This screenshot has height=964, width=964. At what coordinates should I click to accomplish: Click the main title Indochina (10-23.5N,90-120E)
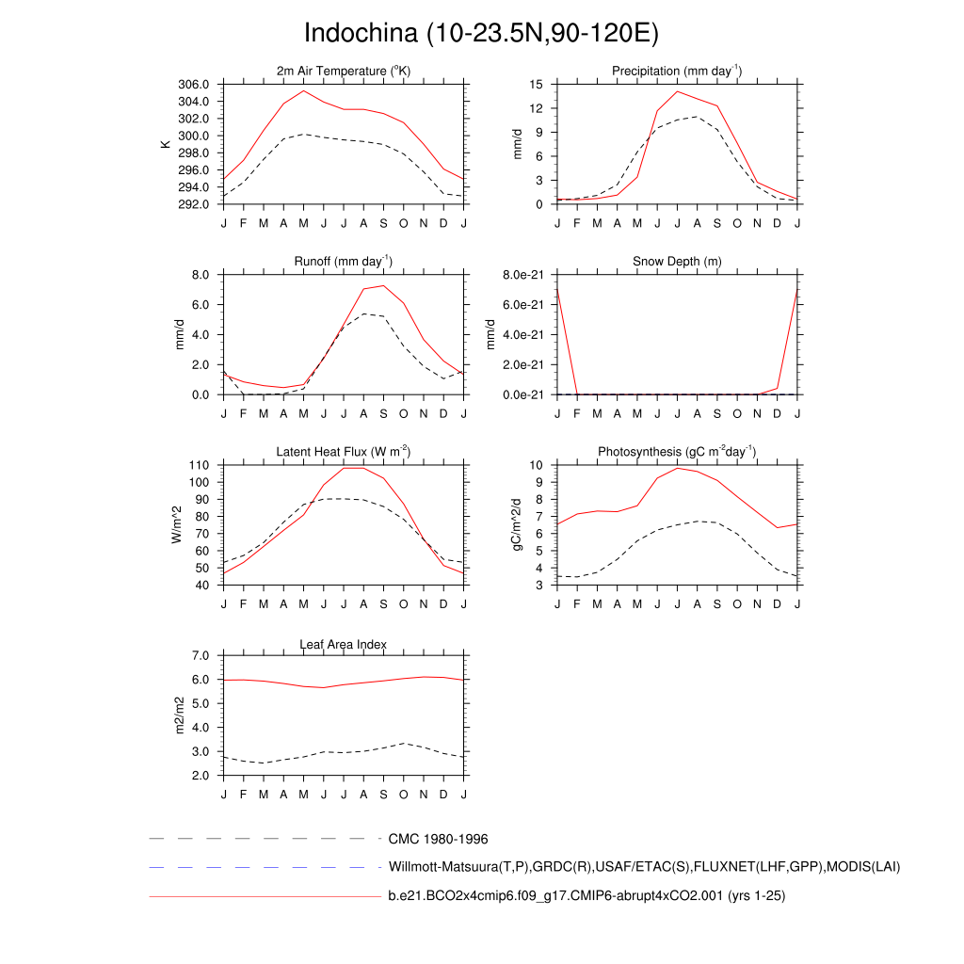(x=481, y=33)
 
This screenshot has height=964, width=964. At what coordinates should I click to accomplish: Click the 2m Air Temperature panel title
(x=344, y=72)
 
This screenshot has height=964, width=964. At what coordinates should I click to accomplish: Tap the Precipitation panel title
(x=677, y=72)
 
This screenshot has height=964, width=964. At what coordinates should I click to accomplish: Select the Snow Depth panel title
(x=677, y=261)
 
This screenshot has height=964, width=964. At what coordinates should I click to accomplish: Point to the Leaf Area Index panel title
(x=344, y=644)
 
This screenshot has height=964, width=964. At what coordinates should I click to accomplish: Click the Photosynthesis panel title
(x=677, y=453)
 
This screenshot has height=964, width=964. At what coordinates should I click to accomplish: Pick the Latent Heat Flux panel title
(x=344, y=453)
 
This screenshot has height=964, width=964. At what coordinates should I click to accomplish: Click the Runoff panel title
(x=344, y=261)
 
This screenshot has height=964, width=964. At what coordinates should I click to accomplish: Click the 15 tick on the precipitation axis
(x=537, y=85)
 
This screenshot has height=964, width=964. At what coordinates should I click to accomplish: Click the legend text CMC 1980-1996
(x=438, y=839)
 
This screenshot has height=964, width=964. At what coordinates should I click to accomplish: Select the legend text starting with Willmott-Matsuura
(x=644, y=867)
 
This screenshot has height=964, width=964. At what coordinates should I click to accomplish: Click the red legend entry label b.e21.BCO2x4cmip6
(x=586, y=896)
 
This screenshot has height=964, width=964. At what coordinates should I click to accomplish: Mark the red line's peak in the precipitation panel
(x=677, y=91)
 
